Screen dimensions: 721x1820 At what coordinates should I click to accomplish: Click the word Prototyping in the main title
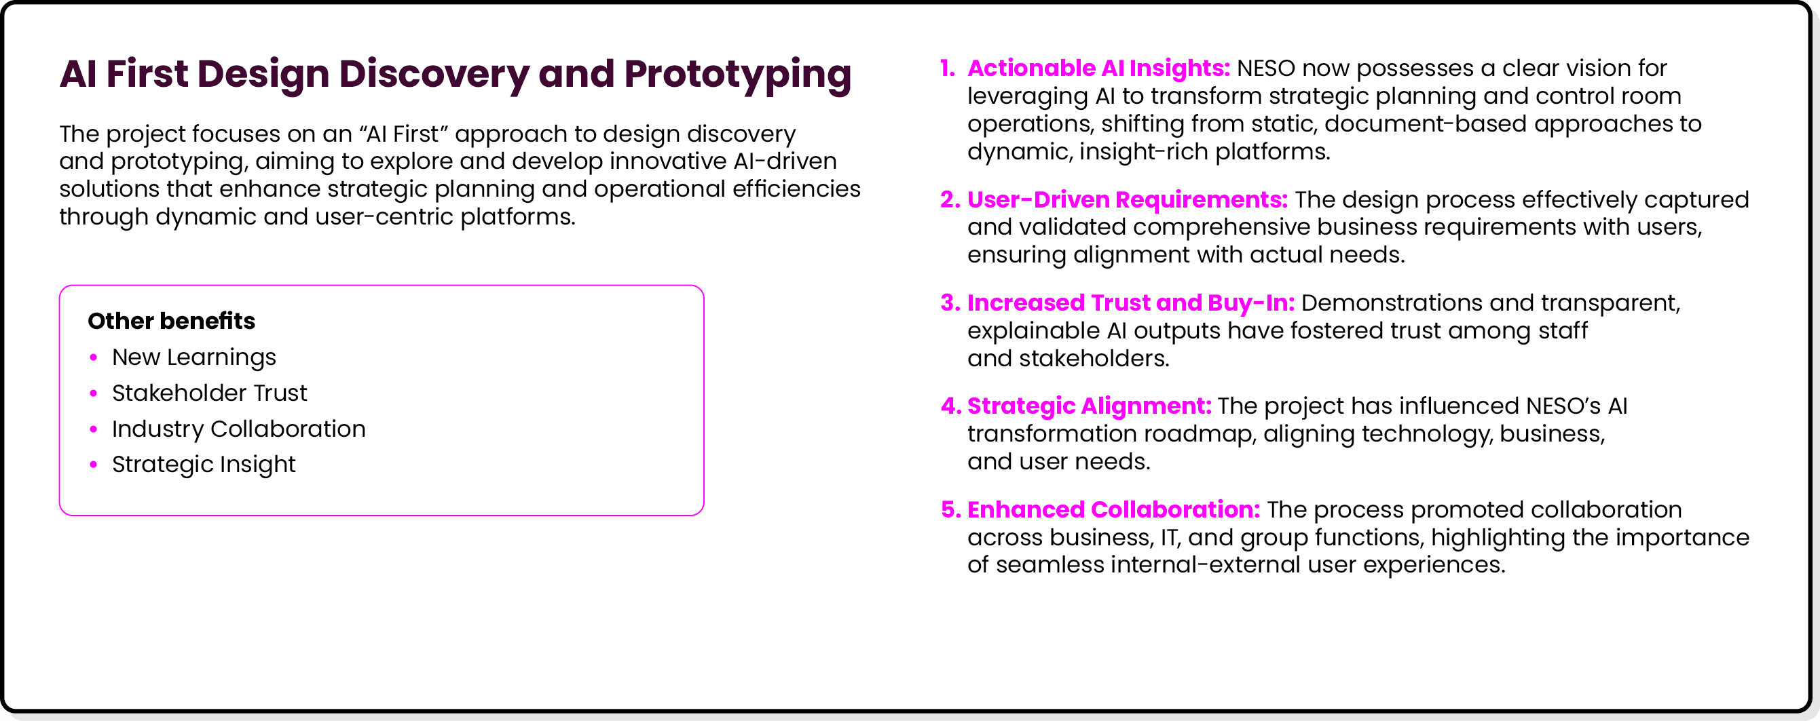click(738, 75)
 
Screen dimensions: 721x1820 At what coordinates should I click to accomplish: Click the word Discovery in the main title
click(434, 75)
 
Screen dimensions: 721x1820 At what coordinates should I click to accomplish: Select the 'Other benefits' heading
click(171, 321)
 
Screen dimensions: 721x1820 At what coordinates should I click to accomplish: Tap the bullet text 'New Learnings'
click(193, 357)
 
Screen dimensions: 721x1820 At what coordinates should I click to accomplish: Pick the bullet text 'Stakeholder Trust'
click(209, 393)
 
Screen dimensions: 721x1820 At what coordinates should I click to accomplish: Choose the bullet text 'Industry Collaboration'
click(238, 429)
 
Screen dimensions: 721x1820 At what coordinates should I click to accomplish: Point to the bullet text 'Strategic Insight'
click(204, 465)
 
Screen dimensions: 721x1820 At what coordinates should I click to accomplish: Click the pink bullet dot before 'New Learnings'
click(93, 357)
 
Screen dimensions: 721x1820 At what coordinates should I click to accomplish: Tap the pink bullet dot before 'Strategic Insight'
click(93, 465)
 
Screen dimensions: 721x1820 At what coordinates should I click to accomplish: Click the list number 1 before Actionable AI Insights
click(947, 69)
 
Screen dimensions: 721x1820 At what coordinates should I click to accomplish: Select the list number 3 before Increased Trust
click(950, 303)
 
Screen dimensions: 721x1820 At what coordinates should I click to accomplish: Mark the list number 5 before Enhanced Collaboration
click(950, 510)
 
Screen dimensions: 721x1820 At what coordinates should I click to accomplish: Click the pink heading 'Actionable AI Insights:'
click(1098, 69)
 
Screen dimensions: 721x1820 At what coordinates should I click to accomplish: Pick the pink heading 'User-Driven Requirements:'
click(1128, 200)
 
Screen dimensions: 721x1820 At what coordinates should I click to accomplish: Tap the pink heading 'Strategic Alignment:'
click(1089, 406)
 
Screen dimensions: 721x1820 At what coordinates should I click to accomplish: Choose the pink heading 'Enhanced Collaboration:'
click(1113, 510)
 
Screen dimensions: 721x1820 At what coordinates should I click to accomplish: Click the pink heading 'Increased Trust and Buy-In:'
click(1130, 303)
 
